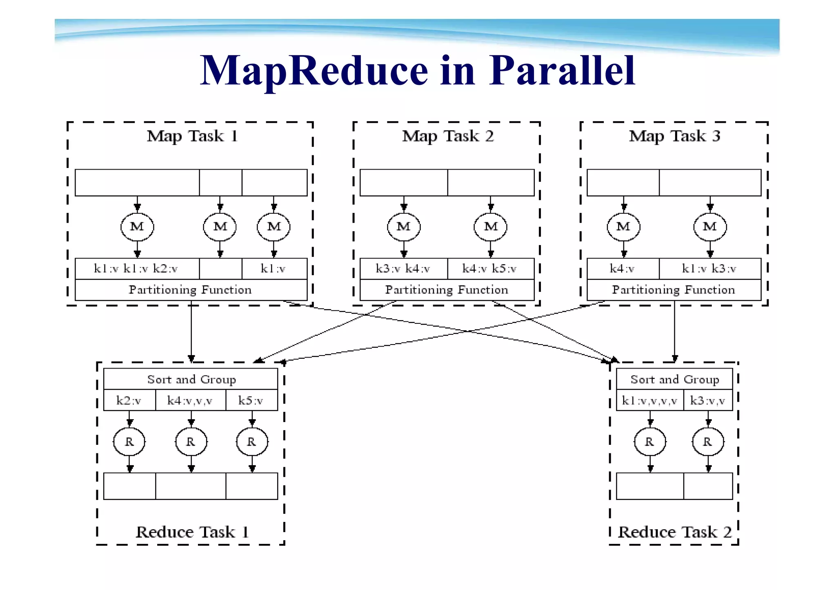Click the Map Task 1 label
pos(192,136)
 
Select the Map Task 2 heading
pos(448,136)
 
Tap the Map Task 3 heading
pos(674,136)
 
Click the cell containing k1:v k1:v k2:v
pos(137,269)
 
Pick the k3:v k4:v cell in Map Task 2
pos(403,269)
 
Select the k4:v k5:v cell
pos(490,269)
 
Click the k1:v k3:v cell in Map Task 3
pos(709,269)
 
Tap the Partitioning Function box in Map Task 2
pos(447,290)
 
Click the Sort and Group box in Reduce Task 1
pos(191,379)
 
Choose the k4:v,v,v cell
pos(190,400)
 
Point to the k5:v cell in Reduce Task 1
pos(251,400)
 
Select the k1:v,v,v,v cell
pos(649,400)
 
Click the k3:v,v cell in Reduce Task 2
pos(708,400)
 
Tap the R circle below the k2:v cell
pos(129,442)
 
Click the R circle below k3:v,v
pos(708,442)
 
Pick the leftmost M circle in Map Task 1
pos(137,226)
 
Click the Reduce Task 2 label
pos(674,532)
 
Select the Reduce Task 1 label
pos(192,532)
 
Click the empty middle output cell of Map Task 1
pos(220,269)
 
